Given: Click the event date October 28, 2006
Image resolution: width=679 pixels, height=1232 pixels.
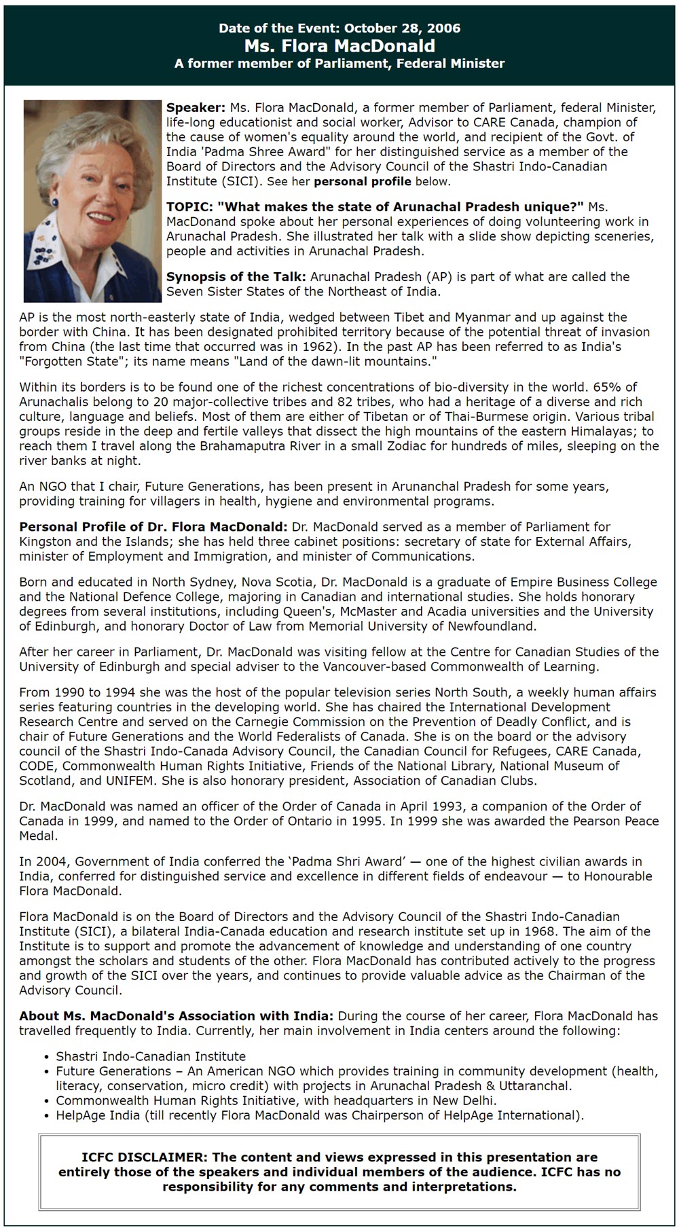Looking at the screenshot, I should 402,29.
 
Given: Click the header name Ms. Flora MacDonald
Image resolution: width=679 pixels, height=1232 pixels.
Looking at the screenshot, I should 339,46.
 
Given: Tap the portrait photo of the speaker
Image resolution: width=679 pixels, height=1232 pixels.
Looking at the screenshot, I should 92,201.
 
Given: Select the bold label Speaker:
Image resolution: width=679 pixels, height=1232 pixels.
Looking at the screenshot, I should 196,108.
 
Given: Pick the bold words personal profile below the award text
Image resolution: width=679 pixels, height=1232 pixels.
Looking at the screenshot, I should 362,182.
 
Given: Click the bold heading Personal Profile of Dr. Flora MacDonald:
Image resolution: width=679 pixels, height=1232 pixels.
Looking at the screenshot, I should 153,527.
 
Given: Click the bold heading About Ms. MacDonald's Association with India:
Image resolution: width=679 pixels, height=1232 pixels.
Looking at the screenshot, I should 176,1016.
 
